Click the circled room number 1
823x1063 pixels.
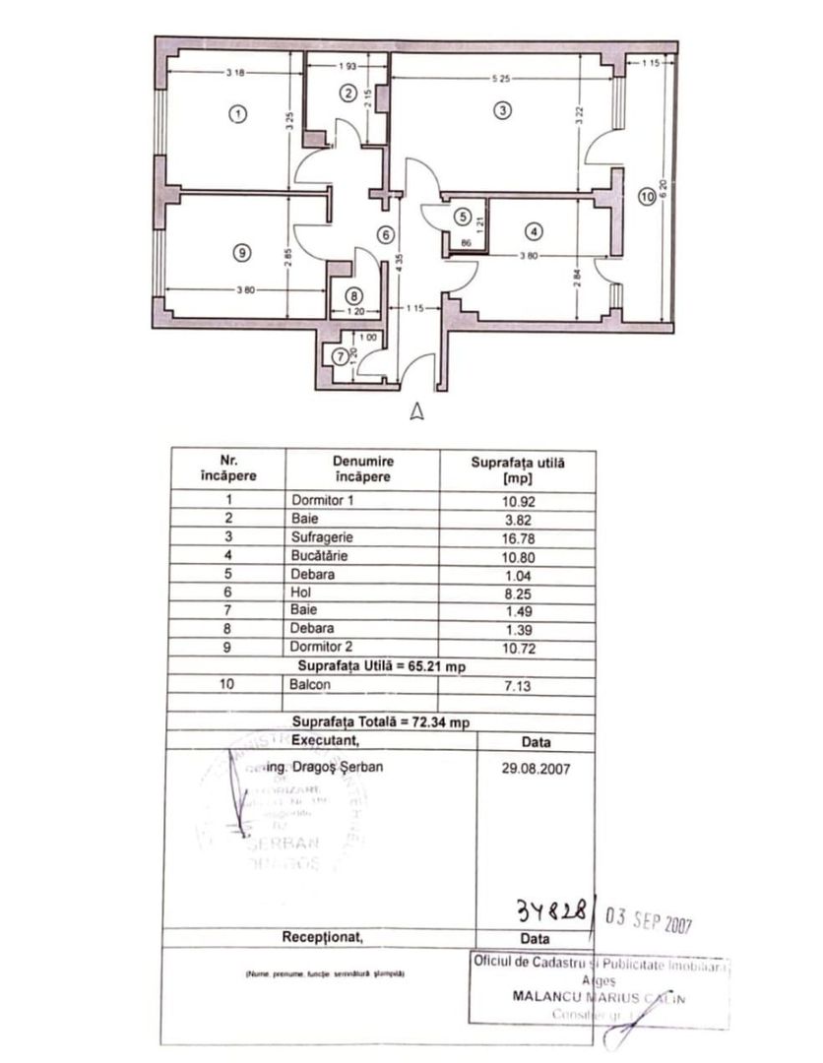236,113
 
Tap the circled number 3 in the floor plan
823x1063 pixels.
502,111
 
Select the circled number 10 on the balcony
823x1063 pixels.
646,197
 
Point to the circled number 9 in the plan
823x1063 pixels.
241,252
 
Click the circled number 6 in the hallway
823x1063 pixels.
386,235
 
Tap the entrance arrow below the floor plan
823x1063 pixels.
417,411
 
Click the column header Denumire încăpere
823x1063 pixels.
363,469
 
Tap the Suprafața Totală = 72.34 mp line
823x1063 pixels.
383,721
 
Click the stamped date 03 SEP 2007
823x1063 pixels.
650,923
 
